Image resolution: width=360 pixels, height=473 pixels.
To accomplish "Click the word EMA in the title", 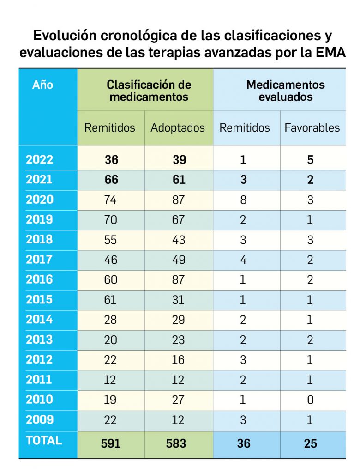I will tap(328, 52).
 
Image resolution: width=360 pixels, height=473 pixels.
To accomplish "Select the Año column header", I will tap(42, 85).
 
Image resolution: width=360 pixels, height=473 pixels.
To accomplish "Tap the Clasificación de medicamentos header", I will tap(149, 91).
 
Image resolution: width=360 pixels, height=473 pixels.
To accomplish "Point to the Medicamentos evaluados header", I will tap(285, 91).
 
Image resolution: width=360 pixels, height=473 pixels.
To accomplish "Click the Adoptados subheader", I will tap(178, 128).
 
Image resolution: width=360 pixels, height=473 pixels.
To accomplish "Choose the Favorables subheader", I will tap(312, 128).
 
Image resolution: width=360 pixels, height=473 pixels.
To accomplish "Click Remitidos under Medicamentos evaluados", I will tap(245, 128).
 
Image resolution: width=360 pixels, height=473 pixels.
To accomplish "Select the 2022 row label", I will tap(40, 160).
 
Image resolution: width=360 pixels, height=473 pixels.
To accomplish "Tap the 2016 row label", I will tap(40, 279).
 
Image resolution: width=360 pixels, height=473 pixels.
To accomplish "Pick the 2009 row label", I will tap(40, 420).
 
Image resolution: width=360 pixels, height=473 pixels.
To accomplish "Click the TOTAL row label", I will tap(44, 440).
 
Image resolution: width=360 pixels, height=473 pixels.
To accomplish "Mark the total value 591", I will tap(111, 443).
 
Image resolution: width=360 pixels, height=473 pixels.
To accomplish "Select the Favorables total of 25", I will tap(311, 443).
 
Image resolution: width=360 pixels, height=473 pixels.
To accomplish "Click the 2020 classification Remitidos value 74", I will tap(111, 200).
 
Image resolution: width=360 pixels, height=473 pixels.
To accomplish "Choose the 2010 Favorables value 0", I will tap(311, 400).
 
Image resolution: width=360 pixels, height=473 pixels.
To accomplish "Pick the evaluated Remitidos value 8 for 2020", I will tap(243, 200).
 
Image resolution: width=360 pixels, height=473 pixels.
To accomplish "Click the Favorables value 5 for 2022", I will tap(311, 160).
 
